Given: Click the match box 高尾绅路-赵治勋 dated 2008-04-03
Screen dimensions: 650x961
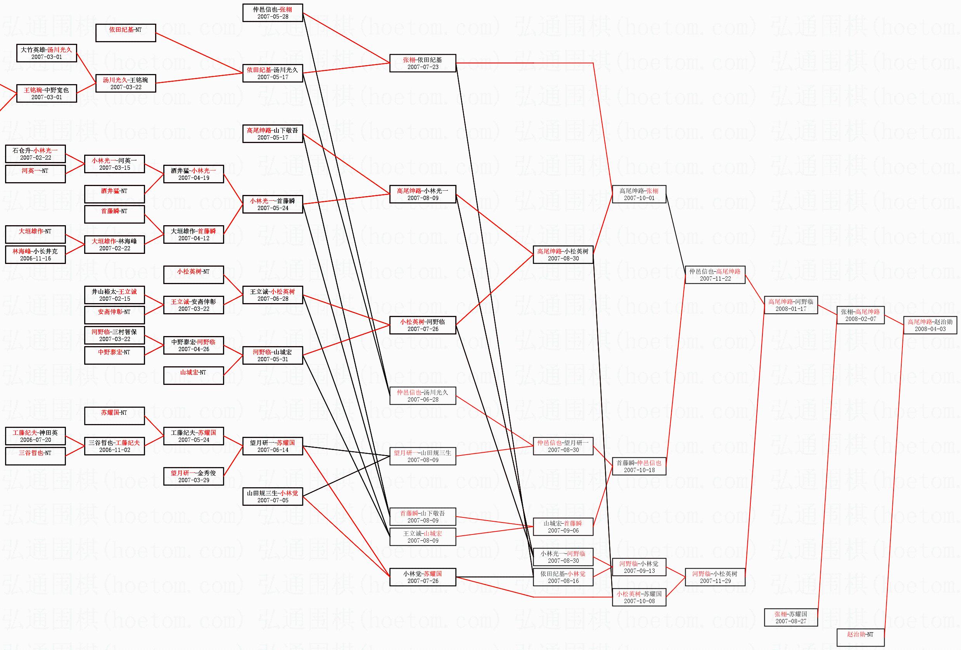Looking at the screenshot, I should [930, 325].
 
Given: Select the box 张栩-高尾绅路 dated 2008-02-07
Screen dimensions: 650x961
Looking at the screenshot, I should [861, 315].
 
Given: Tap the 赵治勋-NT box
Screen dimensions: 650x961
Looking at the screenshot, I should [861, 637].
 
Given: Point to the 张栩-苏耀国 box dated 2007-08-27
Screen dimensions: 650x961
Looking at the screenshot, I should [791, 617].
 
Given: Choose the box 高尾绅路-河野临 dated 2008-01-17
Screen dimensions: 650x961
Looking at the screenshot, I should [791, 305].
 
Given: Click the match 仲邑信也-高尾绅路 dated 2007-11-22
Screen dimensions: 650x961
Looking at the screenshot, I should [715, 275].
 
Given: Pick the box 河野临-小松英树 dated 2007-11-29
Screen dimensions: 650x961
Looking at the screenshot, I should [715, 577].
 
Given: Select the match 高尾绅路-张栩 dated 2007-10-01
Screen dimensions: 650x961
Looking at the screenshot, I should [639, 194].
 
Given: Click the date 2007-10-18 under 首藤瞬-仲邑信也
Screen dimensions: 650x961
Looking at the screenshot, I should [639, 470].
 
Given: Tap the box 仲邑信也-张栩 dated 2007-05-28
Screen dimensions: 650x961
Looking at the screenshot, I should [273, 13].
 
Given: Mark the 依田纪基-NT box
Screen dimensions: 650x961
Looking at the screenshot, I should [125, 33].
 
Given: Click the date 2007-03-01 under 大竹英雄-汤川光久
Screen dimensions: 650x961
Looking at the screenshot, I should [46, 57].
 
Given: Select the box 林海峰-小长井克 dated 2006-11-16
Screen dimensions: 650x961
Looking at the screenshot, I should [35, 255].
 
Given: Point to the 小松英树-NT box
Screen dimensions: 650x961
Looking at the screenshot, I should [194, 275].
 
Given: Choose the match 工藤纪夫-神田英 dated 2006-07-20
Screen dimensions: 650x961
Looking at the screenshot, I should [35, 436].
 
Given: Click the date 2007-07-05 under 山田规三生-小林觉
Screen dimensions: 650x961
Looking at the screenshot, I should [273, 500].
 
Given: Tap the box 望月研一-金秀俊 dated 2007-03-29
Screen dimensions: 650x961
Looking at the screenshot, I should [194, 476].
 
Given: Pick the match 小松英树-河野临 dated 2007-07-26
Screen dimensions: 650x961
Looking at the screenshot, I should [423, 325].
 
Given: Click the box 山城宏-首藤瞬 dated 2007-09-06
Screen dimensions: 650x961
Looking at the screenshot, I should [563, 526].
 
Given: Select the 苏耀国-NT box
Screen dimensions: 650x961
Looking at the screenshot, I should [114, 416].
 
